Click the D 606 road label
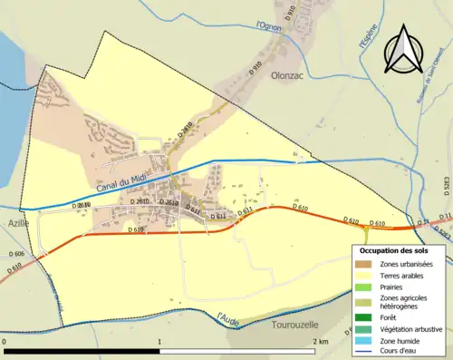tap(17, 253)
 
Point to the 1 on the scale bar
tap(160, 342)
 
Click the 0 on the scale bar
tap(5, 342)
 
